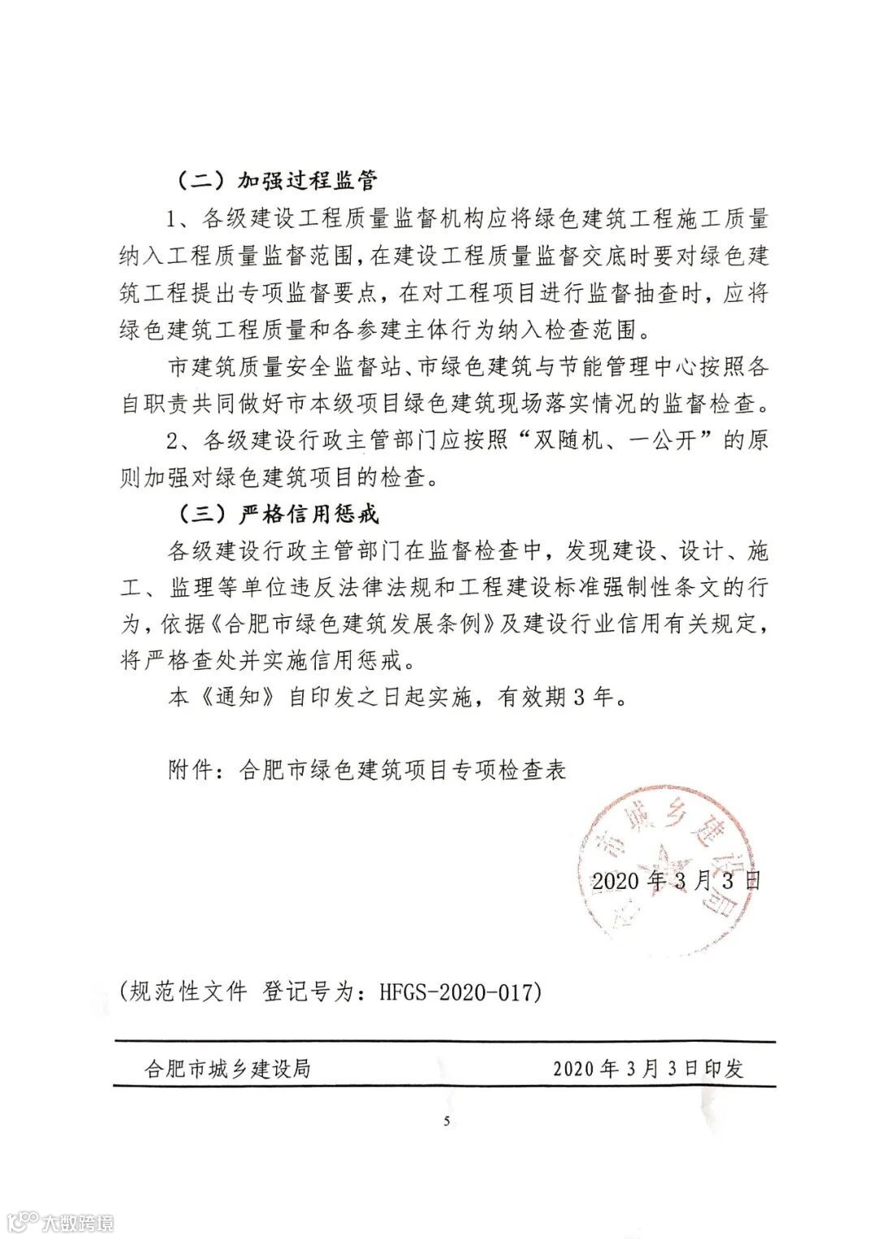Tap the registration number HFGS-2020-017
click(460, 991)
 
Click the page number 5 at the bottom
click(446, 1122)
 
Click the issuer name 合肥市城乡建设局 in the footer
click(227, 1068)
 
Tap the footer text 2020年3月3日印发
click(648, 1068)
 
